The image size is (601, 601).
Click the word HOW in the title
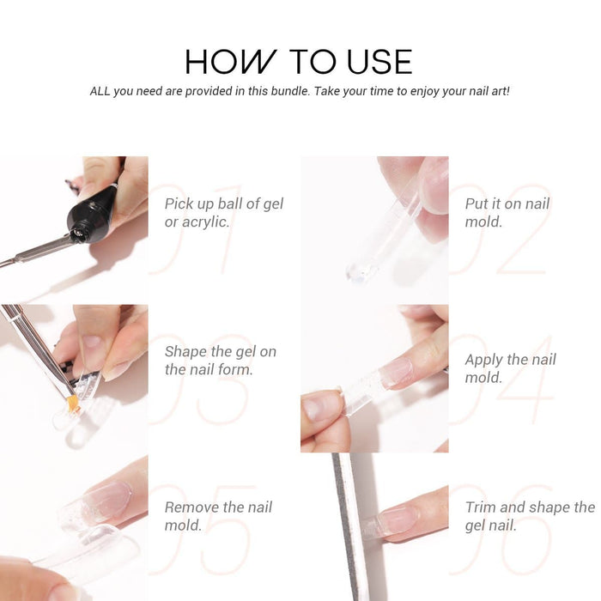coord(230,61)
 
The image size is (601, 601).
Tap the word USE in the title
coord(379,61)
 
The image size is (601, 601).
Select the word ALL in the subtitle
coord(100,91)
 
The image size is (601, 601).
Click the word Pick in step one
coord(179,203)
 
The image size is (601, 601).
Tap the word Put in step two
coord(477,203)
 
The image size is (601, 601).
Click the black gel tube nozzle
coord(79,233)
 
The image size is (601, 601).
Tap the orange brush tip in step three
coord(73,404)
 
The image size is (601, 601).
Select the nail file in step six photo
coord(348,527)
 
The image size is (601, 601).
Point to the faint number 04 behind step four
coord(502,379)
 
